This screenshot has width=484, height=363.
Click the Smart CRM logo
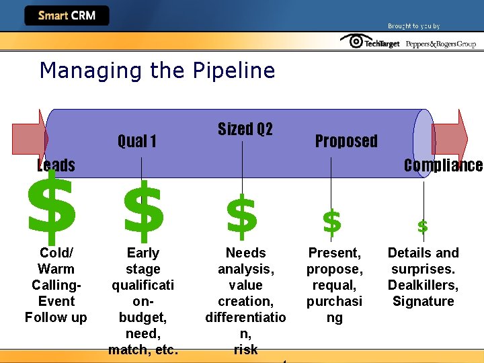pyautogui.click(x=66, y=15)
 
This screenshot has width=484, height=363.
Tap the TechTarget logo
pyautogui.click(x=371, y=42)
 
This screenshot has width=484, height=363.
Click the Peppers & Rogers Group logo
pyautogui.click(x=441, y=43)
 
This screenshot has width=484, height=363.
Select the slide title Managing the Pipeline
pyautogui.click(x=157, y=70)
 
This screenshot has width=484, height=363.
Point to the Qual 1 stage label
pyautogui.click(x=137, y=141)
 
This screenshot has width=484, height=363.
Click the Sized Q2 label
pyautogui.click(x=245, y=129)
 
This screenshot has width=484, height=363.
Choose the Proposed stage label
pyautogui.click(x=346, y=141)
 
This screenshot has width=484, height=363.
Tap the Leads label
pyautogui.click(x=56, y=165)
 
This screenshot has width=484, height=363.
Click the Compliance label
pyautogui.click(x=443, y=165)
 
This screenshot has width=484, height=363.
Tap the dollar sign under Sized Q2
pyautogui.click(x=242, y=216)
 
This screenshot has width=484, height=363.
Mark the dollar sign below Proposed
pyautogui.click(x=331, y=221)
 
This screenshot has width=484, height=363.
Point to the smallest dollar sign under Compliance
pyautogui.click(x=422, y=226)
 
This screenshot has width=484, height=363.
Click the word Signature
pyautogui.click(x=423, y=301)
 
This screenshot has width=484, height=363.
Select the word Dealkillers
pyautogui.click(x=423, y=285)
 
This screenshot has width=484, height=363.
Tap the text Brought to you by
pyautogui.click(x=413, y=26)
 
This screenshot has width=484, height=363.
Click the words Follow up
pyautogui.click(x=56, y=317)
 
